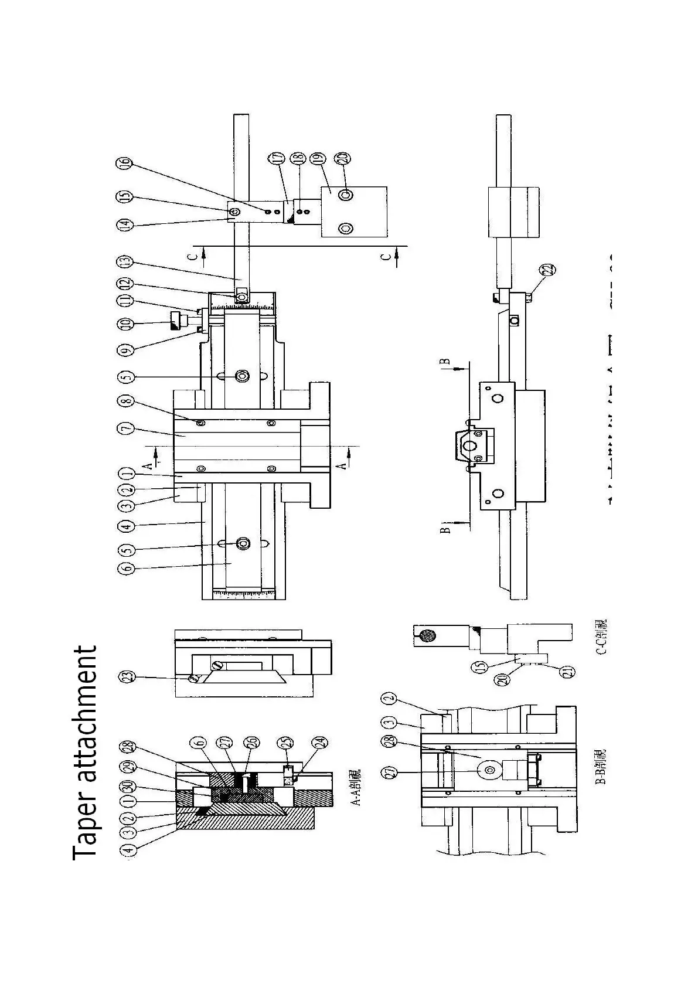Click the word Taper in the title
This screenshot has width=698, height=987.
[84, 818]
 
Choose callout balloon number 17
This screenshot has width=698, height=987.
[275, 158]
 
